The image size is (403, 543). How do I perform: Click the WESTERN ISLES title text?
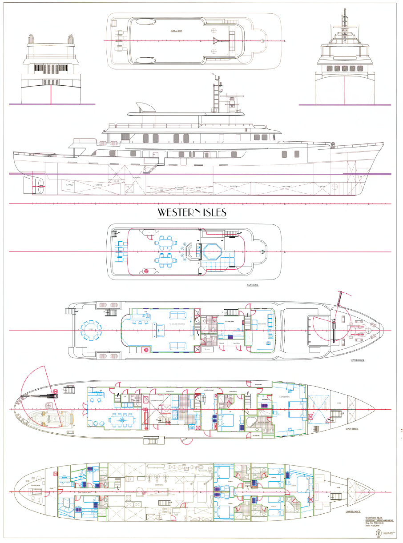coord(192,213)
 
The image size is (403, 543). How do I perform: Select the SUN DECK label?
coord(253,285)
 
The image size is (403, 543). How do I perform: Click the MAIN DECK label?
coord(351,429)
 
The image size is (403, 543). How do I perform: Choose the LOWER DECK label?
coord(354,511)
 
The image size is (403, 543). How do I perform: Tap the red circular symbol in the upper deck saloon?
coord(145,350)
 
